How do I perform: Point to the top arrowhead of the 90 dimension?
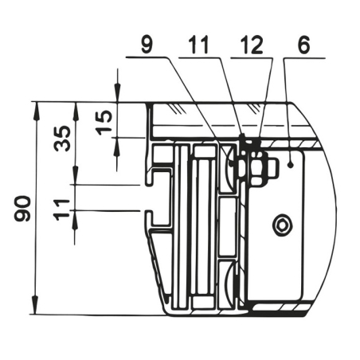tap(37, 108)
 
